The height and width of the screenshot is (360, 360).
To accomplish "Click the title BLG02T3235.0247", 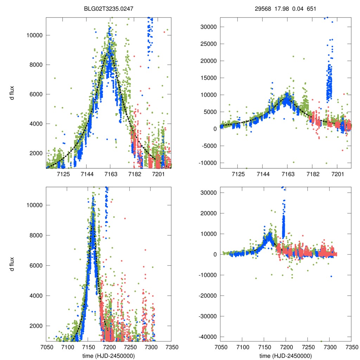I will click(108, 9).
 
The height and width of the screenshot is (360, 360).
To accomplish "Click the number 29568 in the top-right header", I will click(263, 9).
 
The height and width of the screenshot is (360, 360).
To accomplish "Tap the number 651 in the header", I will click(311, 9).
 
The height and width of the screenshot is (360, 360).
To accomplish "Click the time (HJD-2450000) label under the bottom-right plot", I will click(285, 356).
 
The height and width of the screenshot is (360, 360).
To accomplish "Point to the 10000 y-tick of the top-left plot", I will click(35, 35).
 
